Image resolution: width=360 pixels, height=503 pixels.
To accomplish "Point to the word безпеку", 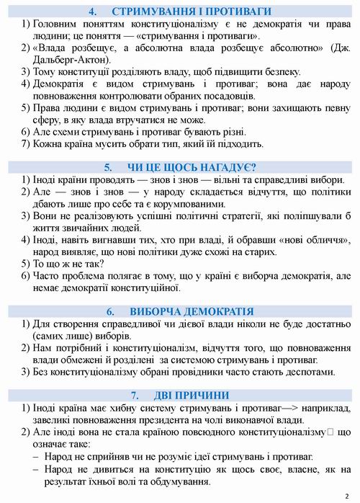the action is pos(261,72).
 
